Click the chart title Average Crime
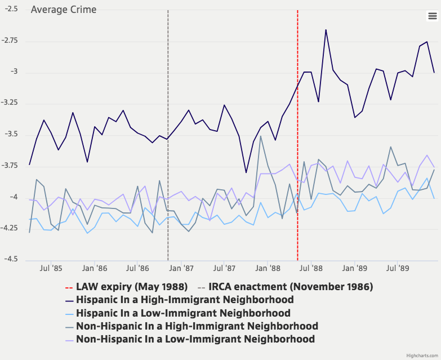pyautogui.click(x=63, y=10)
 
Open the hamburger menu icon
pyautogui.click(x=432, y=16)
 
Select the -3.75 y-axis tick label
pyautogui.click(x=10, y=166)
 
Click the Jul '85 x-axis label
pyautogui.click(x=51, y=269)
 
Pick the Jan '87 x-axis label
pyautogui.click(x=181, y=269)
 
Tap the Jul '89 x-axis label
pyautogui.click(x=399, y=269)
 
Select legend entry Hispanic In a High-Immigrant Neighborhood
pyautogui.click(x=185, y=300)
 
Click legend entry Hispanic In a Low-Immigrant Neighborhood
pyautogui.click(x=183, y=313)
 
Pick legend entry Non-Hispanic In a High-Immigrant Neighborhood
pyautogui.click(x=197, y=326)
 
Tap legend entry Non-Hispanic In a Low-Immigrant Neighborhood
pyautogui.click(x=195, y=339)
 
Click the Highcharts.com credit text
pyautogui.click(x=421, y=355)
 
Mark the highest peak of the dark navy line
pyautogui.click(x=326, y=30)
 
